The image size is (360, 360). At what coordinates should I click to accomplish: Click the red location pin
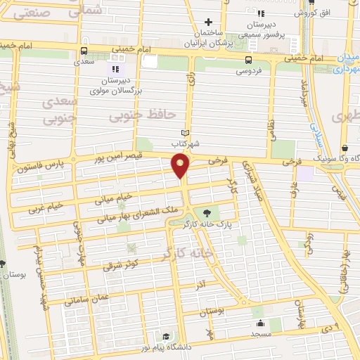[x=181, y=166]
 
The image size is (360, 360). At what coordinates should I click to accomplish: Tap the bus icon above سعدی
[x=84, y=51]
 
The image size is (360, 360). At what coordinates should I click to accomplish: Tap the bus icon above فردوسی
[x=247, y=60]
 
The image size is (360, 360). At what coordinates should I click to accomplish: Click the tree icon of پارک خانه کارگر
[x=207, y=213]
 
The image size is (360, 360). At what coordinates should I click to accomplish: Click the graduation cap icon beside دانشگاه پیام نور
[x=165, y=336]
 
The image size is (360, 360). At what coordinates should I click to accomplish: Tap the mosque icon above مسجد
[x=261, y=323]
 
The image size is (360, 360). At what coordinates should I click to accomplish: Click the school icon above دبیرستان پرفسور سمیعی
[x=261, y=13]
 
